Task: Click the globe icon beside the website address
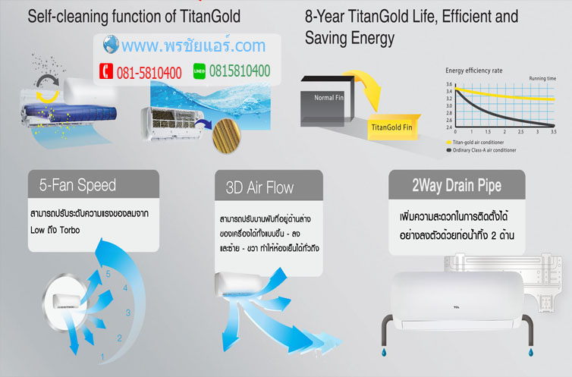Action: [110, 45]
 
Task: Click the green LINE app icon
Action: [200, 71]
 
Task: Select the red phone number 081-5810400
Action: [149, 73]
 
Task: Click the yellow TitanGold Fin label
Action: [391, 127]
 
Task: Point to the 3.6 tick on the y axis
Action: [448, 83]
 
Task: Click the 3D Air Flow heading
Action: [260, 186]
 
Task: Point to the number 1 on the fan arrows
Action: [102, 356]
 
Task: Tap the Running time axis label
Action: [543, 78]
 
